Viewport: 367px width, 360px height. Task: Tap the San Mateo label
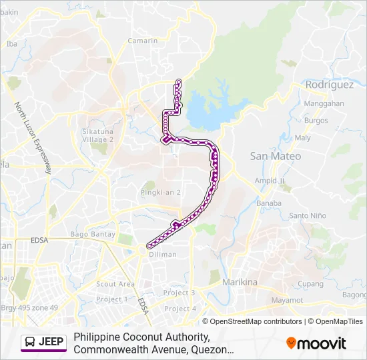(x=275, y=156)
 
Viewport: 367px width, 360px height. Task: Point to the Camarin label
(x=144, y=41)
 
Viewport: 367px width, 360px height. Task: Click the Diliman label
(x=163, y=255)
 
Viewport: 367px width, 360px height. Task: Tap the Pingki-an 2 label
(x=160, y=192)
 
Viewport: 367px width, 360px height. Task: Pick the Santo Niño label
(x=307, y=215)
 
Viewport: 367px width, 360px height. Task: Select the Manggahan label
(x=324, y=104)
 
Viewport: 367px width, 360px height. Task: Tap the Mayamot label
(x=287, y=301)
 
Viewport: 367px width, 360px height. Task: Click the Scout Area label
(x=115, y=284)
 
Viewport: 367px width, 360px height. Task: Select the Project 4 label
(x=180, y=309)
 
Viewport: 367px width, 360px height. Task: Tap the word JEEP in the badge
(x=51, y=343)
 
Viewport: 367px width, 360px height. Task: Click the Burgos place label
(x=316, y=121)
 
